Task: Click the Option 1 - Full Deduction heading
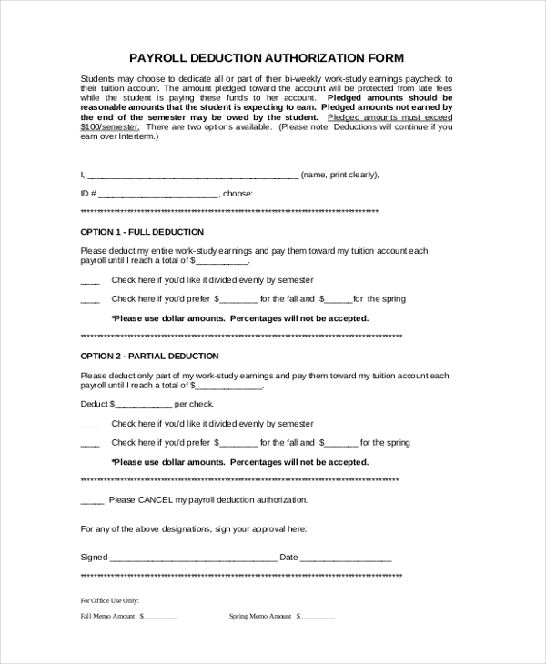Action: (x=142, y=232)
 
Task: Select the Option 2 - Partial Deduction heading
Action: (x=150, y=356)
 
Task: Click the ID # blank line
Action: (x=158, y=195)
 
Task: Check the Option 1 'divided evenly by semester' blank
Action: (x=90, y=281)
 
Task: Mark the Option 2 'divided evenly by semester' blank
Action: (x=90, y=425)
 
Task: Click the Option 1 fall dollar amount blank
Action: (x=238, y=300)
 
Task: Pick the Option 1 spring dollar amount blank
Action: (x=337, y=300)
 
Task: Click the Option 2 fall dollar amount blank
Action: (x=238, y=444)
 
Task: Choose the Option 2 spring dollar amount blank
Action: (x=340, y=444)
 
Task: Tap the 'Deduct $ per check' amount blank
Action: (x=143, y=405)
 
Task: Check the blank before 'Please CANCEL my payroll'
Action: (x=93, y=501)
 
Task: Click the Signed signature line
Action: (x=193, y=558)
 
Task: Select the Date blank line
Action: (x=346, y=558)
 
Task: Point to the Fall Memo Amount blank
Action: (x=161, y=618)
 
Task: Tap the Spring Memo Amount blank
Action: (x=317, y=618)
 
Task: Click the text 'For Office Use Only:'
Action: (x=109, y=600)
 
